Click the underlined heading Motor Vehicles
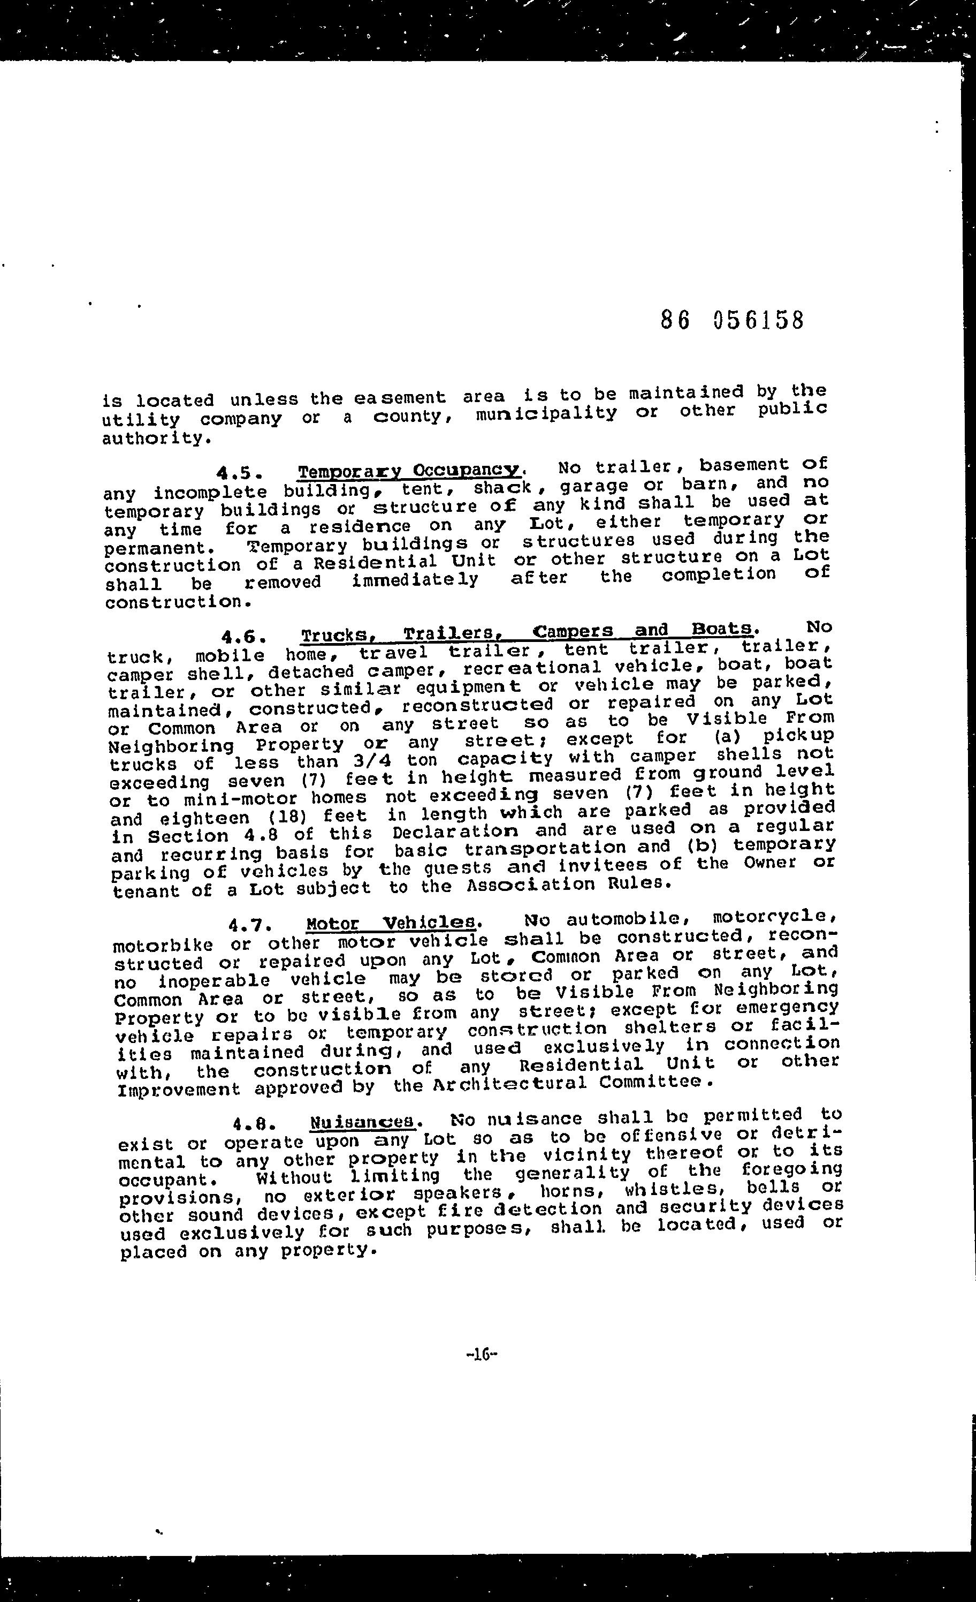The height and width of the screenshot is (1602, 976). click(x=393, y=923)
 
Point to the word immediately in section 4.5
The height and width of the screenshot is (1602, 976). click(x=415, y=579)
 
